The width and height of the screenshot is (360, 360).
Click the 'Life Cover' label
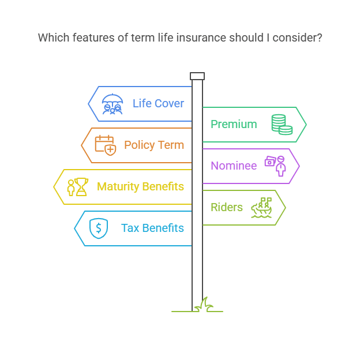click(x=158, y=104)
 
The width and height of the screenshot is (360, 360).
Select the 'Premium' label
click(x=234, y=124)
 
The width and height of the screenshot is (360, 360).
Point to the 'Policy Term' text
click(x=154, y=145)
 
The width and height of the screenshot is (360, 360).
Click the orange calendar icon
click(x=105, y=144)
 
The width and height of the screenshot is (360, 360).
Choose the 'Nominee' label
click(x=234, y=166)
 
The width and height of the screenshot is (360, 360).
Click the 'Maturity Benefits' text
click(x=140, y=186)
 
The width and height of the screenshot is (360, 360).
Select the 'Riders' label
click(x=227, y=207)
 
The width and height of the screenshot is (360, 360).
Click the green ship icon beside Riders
click(x=262, y=208)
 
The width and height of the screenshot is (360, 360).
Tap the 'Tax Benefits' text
click(x=152, y=228)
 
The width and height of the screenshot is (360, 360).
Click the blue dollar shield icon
click(x=99, y=228)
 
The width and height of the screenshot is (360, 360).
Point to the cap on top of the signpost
click(x=197, y=76)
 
